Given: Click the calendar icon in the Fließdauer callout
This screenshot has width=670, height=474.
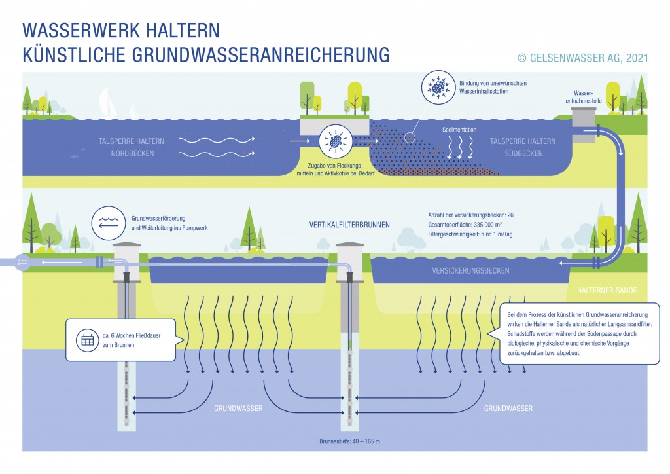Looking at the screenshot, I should (x=87, y=340).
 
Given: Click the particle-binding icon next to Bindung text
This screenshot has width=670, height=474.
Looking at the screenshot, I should (x=435, y=87).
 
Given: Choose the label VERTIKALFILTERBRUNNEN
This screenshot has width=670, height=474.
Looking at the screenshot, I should (x=349, y=225).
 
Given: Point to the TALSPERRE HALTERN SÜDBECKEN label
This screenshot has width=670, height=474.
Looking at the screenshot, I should (x=523, y=147).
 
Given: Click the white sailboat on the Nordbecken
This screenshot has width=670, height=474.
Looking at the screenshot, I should (x=109, y=103).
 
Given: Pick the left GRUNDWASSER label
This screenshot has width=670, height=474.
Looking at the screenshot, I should (x=238, y=409).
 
